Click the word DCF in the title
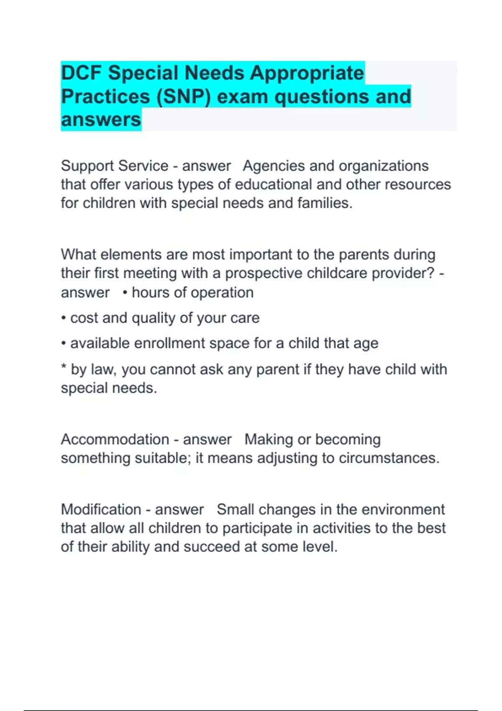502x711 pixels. tap(82, 73)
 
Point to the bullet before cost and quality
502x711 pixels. tap(64, 318)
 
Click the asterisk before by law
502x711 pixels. tap(64, 368)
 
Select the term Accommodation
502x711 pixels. tap(115, 440)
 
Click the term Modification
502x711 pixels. tap(101, 509)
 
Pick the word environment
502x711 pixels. tap(403, 509)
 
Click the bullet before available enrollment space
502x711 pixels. tap(64, 344)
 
